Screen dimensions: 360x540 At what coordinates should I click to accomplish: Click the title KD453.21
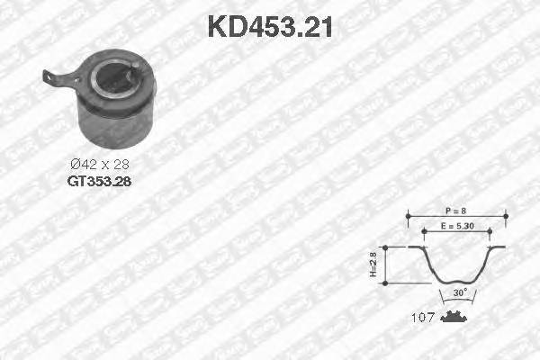click(270, 26)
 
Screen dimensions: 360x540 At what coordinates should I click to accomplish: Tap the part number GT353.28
click(99, 180)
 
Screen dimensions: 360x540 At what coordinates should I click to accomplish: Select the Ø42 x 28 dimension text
click(100, 165)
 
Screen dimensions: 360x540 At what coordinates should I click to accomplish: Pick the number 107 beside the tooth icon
click(422, 318)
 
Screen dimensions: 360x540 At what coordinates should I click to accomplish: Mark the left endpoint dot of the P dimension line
click(409, 216)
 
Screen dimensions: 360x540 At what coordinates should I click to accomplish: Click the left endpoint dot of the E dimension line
click(423, 230)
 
